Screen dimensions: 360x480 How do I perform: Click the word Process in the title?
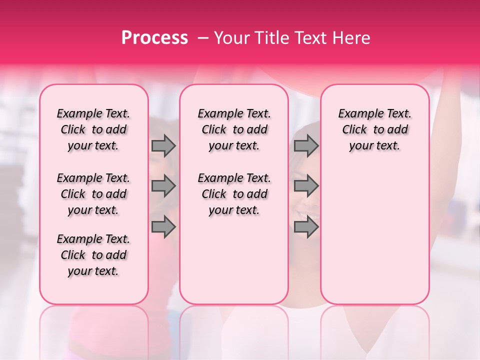tap(154, 38)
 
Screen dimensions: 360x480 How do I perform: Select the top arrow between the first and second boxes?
tap(163, 146)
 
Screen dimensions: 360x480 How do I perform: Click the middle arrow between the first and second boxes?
tap(163, 186)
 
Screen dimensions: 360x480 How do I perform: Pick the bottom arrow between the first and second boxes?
tap(163, 227)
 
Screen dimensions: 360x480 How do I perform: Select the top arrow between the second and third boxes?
tap(306, 146)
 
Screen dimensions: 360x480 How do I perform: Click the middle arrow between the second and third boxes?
tap(306, 186)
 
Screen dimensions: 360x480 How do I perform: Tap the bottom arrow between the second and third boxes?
tap(306, 227)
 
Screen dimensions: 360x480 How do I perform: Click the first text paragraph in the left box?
tap(93, 129)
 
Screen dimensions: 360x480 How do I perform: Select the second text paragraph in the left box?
tap(93, 194)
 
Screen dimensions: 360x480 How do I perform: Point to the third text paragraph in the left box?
tap(93, 255)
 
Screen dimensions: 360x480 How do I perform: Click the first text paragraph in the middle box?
tap(234, 129)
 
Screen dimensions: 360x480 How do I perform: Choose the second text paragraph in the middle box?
tap(234, 194)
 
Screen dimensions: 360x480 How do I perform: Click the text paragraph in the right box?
tap(375, 129)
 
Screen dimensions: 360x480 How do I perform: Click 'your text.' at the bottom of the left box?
tap(93, 271)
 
